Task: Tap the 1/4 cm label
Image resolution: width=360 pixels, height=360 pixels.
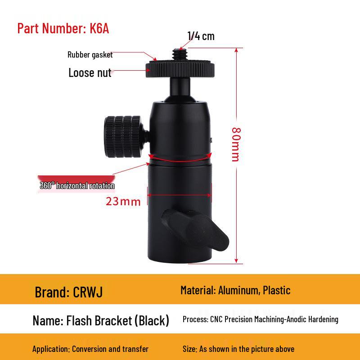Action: click(x=201, y=36)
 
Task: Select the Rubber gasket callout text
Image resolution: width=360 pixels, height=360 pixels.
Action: click(x=90, y=55)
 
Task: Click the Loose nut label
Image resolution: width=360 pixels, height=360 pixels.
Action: click(x=90, y=73)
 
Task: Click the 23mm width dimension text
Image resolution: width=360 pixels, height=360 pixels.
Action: click(x=123, y=201)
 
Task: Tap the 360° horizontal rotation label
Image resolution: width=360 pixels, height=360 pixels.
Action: click(x=77, y=186)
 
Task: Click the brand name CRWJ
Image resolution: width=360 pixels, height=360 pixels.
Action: click(x=88, y=292)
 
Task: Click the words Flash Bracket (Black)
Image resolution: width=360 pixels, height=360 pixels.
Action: click(x=117, y=320)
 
